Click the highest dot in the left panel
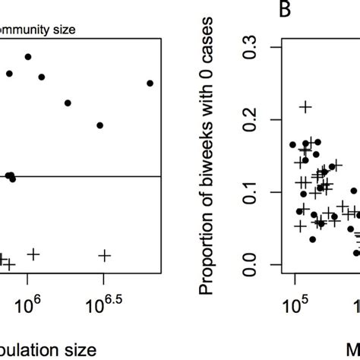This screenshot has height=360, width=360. point(28,57)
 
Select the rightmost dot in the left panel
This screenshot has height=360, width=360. point(150,83)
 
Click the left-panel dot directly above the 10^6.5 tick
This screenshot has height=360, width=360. point(100,125)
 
